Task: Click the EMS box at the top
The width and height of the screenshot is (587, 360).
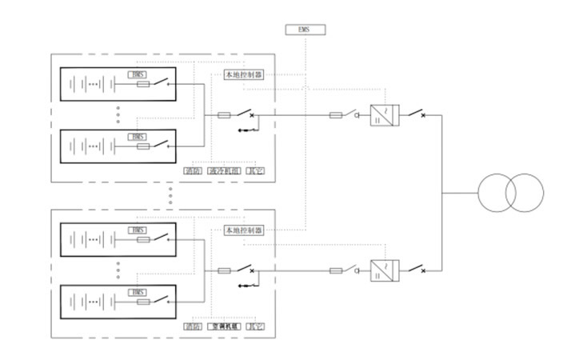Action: click(x=305, y=30)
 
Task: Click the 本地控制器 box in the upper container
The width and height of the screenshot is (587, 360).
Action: click(x=244, y=74)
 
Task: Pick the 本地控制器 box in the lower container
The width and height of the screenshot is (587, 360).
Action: click(x=244, y=230)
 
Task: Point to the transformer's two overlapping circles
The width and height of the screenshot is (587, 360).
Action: click(x=511, y=193)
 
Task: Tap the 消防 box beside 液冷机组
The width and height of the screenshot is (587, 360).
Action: click(x=192, y=170)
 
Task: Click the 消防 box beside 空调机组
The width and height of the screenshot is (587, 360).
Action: click(x=192, y=326)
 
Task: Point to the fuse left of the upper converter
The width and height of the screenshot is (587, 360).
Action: click(x=337, y=115)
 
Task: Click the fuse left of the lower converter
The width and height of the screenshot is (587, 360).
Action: click(x=337, y=271)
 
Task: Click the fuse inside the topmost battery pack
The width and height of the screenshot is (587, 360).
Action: click(x=145, y=84)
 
